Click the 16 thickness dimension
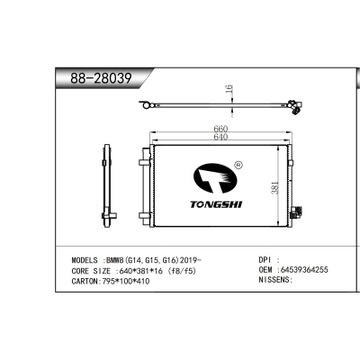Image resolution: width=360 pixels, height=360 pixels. [x=229, y=90]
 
